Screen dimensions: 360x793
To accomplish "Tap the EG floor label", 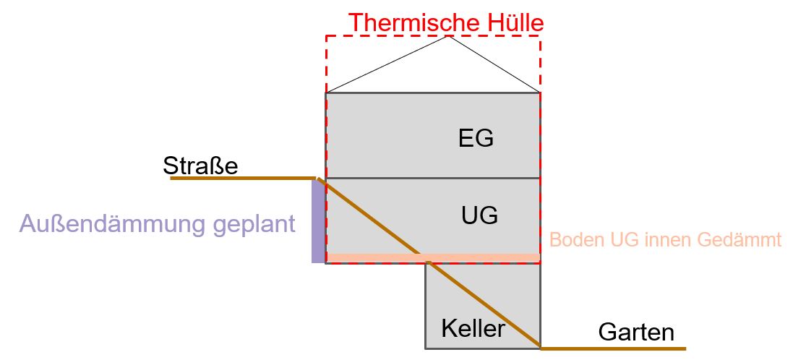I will [x=476, y=137].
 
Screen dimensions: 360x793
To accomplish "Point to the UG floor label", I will [x=479, y=215].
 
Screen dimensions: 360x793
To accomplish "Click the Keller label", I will [x=473, y=329].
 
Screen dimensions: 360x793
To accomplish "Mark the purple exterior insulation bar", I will [x=318, y=221].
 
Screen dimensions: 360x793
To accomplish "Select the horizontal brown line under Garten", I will [x=614, y=348].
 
